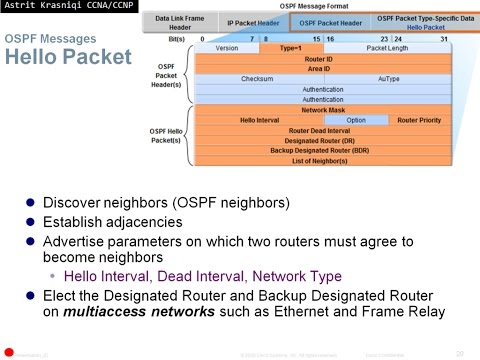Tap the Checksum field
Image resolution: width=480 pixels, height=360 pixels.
(x=257, y=78)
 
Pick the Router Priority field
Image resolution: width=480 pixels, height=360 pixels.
(x=419, y=120)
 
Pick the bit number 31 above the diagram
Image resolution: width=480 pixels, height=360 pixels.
(x=444, y=38)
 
